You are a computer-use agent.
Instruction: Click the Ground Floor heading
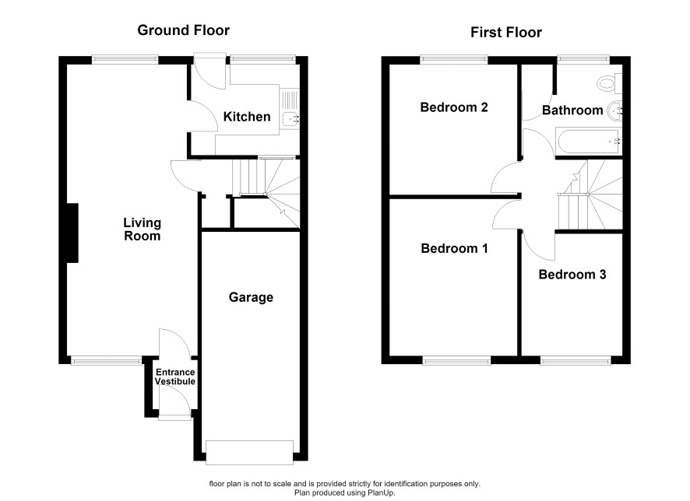(184, 30)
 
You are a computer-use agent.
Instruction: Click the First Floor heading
(506, 33)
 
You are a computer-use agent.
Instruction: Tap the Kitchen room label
(247, 117)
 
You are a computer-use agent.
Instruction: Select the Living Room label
(143, 229)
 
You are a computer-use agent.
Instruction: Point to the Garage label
(251, 297)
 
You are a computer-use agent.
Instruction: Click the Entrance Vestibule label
(175, 377)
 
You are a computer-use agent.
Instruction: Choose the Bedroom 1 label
(454, 249)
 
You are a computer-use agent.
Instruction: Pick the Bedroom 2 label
(454, 107)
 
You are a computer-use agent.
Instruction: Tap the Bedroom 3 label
(572, 275)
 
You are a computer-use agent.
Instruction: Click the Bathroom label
(572, 110)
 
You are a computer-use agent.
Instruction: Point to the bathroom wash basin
(615, 110)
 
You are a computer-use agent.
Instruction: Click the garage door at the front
(249, 452)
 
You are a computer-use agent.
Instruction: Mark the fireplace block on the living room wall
(72, 233)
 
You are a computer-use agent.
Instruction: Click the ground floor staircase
(266, 194)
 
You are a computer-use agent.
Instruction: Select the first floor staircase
(590, 194)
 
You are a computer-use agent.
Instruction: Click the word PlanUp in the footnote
(381, 493)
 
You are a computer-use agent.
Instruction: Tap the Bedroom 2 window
(454, 59)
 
